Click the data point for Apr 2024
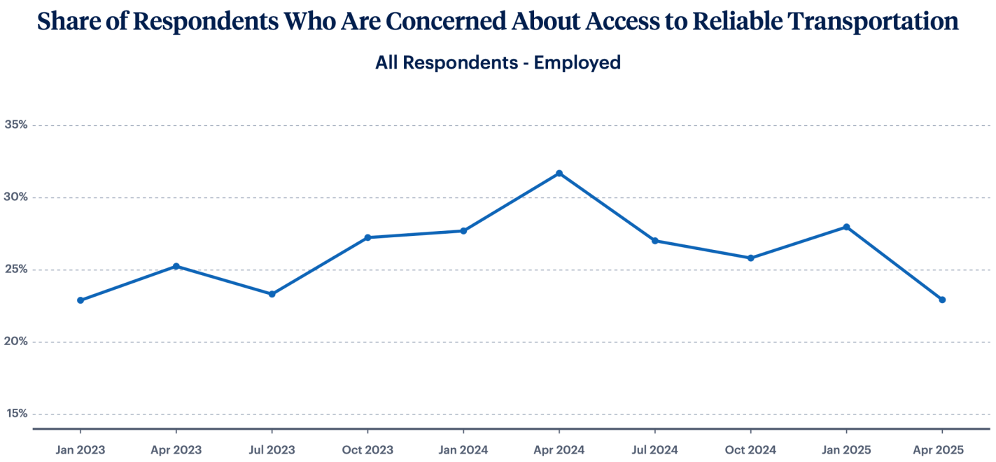tap(559, 173)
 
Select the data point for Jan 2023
tap(80, 300)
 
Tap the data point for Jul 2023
tap(272, 294)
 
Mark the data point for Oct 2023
tap(367, 237)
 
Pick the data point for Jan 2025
tap(846, 227)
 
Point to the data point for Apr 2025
tap(942, 300)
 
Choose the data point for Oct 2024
tap(750, 258)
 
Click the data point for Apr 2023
tap(176, 266)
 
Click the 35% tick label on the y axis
tap(16, 125)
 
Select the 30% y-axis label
tap(16, 197)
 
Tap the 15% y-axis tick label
tap(16, 414)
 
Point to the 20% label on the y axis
tap(16, 342)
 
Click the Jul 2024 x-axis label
tap(654, 449)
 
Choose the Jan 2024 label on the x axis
tap(463, 449)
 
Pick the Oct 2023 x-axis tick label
tap(367, 449)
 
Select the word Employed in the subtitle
tap(577, 62)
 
